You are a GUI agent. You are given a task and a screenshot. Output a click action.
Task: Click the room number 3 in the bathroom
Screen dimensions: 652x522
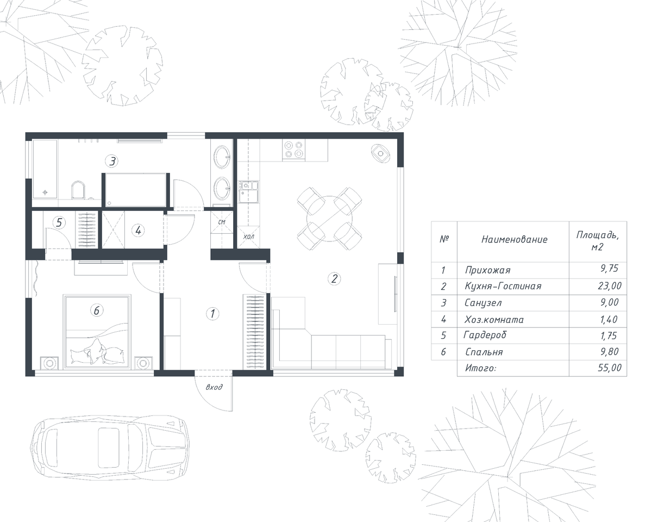click(x=112, y=161)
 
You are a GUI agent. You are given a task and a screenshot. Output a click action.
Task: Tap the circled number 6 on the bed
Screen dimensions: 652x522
click(x=97, y=310)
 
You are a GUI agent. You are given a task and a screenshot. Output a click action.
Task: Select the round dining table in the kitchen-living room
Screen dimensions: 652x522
click(x=329, y=219)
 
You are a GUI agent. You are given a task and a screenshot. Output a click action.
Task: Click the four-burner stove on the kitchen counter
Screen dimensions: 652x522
click(x=293, y=150)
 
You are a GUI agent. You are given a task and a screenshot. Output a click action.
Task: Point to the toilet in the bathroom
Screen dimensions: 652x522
click(x=78, y=190)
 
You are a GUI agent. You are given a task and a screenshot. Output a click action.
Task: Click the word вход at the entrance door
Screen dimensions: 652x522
click(x=214, y=387)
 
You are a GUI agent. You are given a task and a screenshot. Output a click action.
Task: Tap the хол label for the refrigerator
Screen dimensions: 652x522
click(x=248, y=237)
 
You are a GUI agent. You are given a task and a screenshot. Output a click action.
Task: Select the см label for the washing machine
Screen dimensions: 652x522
click(x=222, y=222)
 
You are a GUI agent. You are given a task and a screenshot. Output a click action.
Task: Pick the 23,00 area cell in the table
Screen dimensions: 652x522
click(x=610, y=285)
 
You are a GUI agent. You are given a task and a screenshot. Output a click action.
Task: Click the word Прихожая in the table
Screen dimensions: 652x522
click(x=487, y=270)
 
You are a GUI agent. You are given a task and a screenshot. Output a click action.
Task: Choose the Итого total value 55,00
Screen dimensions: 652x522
click(x=610, y=368)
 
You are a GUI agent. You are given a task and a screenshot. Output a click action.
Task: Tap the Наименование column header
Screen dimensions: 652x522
click(x=515, y=240)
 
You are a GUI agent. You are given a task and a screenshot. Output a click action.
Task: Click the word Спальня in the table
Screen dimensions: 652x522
click(x=484, y=352)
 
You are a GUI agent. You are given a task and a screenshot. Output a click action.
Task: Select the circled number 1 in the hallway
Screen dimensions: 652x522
click(x=212, y=314)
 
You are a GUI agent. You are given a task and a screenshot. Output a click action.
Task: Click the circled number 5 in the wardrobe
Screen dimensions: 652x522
click(x=59, y=222)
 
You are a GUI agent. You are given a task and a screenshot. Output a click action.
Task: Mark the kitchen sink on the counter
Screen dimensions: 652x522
click(x=248, y=192)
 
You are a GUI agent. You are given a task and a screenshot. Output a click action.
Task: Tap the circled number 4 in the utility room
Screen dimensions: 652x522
click(x=138, y=231)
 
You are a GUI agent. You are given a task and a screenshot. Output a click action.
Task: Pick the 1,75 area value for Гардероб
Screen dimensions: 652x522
click(x=609, y=335)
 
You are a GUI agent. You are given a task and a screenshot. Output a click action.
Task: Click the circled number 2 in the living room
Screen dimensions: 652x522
click(x=334, y=278)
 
